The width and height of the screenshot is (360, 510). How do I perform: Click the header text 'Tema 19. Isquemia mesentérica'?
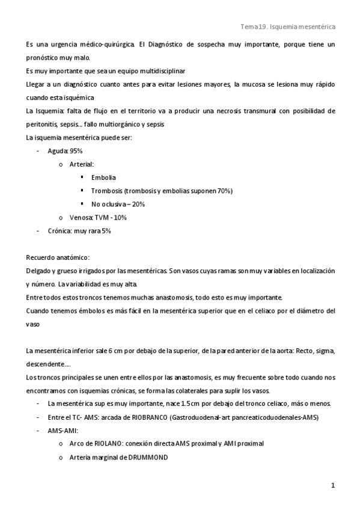pos(287,27)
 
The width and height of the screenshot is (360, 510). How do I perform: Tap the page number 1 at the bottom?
pos(332,484)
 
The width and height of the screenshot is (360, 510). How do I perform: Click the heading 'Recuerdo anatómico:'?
pos(58,257)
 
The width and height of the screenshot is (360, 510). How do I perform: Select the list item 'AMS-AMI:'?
pos(60,430)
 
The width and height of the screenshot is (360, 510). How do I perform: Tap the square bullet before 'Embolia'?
pos(82,177)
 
